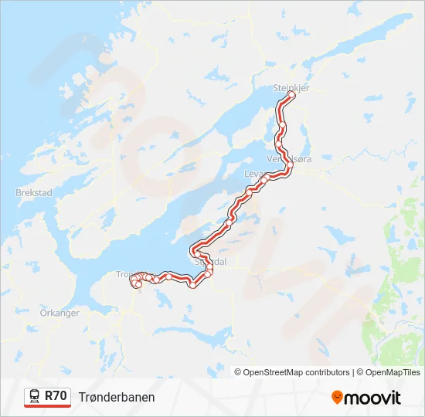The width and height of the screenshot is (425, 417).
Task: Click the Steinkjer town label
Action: [x=291, y=88]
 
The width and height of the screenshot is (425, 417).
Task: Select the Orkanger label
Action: [x=59, y=314]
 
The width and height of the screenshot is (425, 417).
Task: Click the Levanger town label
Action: [x=255, y=174]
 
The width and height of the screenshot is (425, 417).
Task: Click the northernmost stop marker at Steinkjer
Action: [x=291, y=95]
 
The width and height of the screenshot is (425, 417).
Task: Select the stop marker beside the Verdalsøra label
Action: [x=290, y=164]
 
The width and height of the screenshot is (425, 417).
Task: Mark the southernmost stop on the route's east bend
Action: [x=192, y=285]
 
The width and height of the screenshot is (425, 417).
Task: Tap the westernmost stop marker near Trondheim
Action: [x=133, y=280]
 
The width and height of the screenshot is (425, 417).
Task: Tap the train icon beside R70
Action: [x=35, y=396]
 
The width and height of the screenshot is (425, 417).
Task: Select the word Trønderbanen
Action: [x=117, y=397]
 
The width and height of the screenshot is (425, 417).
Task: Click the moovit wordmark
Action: [x=373, y=398]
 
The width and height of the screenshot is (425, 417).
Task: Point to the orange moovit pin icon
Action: [x=337, y=398]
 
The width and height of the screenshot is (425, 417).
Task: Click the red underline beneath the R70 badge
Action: [x=48, y=406]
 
